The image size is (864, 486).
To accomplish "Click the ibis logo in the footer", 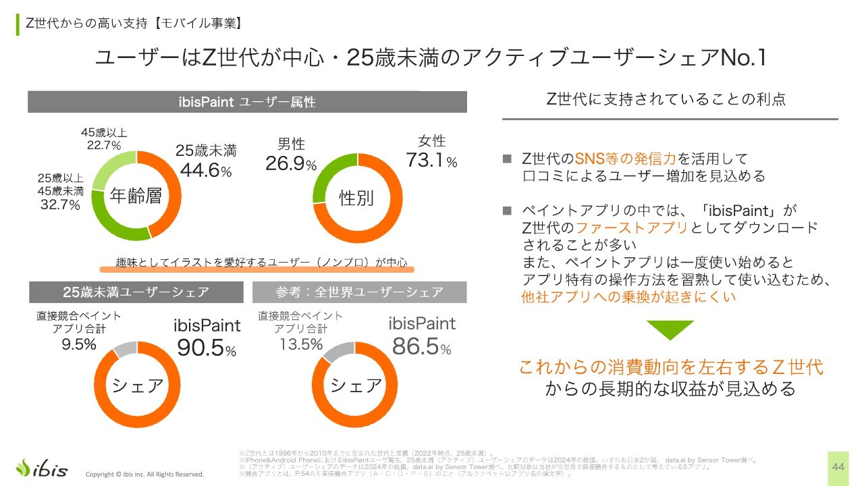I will click(x=42, y=468).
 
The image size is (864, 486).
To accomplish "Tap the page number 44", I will click(x=838, y=467).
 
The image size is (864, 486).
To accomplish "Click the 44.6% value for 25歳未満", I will click(x=206, y=170).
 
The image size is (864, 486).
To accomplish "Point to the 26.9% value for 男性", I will click(x=291, y=164).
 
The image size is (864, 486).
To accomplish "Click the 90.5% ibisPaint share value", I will click(x=207, y=348).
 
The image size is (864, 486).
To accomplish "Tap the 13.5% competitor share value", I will click(x=301, y=344).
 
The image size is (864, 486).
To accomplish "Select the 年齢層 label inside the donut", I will click(x=136, y=196).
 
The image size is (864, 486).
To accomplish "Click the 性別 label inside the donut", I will click(x=356, y=198).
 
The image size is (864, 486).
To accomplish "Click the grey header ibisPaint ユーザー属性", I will click(x=247, y=102).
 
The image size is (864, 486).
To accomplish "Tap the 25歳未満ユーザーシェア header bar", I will click(x=136, y=292).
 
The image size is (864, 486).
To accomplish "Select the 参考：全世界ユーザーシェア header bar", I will click(x=359, y=292).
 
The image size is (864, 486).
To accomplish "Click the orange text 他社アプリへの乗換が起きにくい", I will click(x=628, y=297).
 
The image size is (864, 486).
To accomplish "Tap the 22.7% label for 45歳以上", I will click(x=103, y=145).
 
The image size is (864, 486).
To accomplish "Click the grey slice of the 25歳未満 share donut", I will click(x=126, y=350).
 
